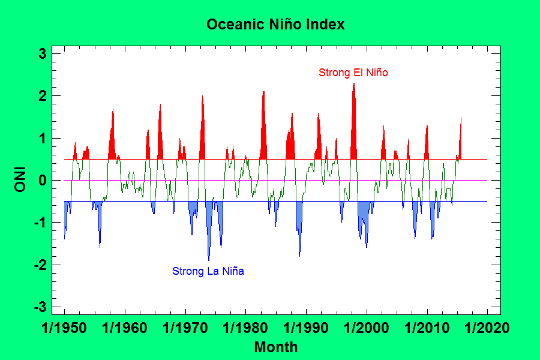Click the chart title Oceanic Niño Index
[275, 25]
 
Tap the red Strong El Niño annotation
[353, 73]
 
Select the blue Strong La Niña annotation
[208, 271]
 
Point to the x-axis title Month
[275, 347]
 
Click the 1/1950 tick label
[64, 329]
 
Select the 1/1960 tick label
[125, 329]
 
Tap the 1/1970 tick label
[185, 329]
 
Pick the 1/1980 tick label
[246, 329]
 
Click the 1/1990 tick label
[307, 329]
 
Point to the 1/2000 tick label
[367, 329]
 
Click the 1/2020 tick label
[487, 329]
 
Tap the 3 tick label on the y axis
[43, 54]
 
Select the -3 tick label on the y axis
[40, 307]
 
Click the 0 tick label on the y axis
[43, 181]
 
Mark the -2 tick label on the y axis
[40, 265]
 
